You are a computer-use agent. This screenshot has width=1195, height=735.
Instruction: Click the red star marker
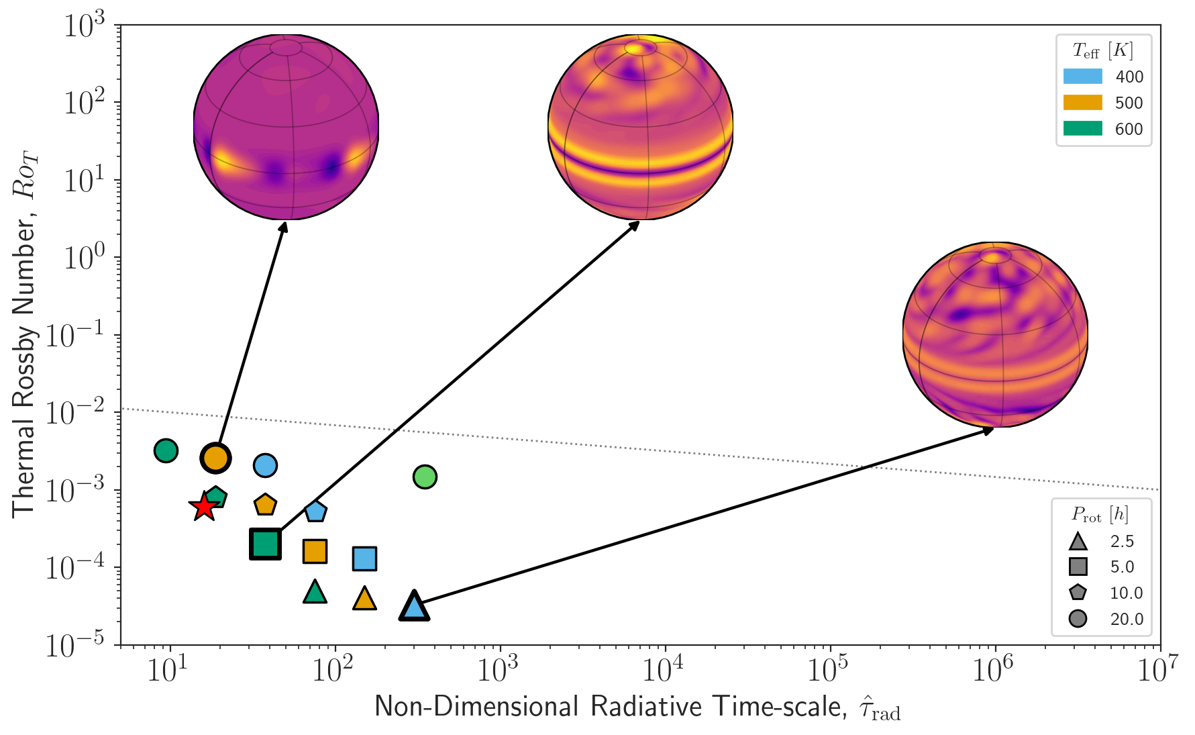point(203,507)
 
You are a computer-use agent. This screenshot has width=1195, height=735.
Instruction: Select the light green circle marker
point(425,477)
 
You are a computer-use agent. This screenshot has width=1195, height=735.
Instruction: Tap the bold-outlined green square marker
point(265,544)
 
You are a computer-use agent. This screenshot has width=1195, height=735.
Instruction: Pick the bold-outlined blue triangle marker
point(414,607)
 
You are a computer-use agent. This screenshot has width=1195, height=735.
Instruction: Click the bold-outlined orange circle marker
point(215,458)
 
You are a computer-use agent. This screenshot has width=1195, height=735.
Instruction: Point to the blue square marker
point(364,558)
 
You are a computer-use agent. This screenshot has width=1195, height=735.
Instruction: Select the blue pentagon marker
point(315,511)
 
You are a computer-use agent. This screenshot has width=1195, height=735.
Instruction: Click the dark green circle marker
point(166,450)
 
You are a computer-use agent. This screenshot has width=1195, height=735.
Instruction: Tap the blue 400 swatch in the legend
point(1082,77)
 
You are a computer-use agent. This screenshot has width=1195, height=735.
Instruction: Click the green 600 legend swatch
point(1082,128)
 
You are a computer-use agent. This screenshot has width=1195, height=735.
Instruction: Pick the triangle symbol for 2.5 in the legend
point(1078,541)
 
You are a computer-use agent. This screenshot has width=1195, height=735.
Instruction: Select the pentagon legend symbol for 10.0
point(1078,592)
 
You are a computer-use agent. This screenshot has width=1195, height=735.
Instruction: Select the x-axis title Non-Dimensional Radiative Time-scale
point(637,707)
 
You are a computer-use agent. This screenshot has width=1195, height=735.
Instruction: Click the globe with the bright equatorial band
point(640,128)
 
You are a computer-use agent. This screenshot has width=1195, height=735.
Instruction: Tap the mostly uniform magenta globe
point(286,128)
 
